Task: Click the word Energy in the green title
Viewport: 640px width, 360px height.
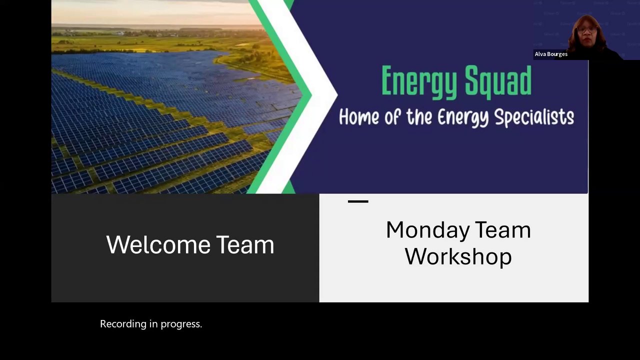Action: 419,82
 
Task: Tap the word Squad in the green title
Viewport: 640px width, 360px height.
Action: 498,81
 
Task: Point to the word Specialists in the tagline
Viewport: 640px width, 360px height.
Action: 534,117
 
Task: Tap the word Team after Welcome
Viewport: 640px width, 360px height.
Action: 245,244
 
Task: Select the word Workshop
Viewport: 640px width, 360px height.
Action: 458,256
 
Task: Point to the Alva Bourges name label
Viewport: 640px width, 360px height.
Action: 551,54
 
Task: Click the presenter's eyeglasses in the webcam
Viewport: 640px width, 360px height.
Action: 587,29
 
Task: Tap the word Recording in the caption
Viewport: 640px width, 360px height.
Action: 123,324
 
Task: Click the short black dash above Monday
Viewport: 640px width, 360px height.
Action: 358,201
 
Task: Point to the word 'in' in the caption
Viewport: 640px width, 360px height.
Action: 153,323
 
